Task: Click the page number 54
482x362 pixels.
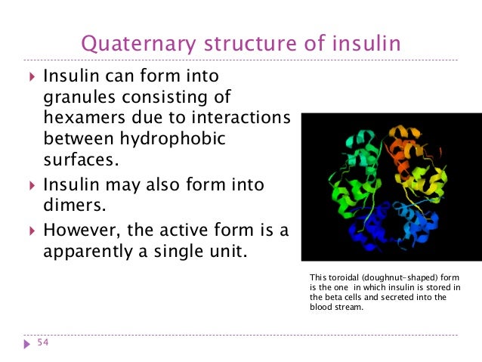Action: (x=42, y=344)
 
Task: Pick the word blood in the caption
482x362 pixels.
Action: (x=323, y=308)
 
